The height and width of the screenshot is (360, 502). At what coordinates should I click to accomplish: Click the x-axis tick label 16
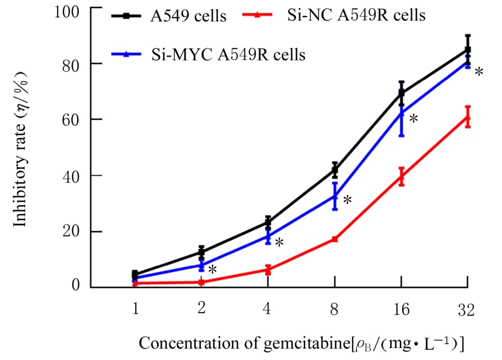402,310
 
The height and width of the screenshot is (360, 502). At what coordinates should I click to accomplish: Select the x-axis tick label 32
467,310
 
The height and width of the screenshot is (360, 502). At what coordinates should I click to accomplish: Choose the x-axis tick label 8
335,310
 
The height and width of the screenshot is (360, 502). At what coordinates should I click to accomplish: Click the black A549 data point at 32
468,50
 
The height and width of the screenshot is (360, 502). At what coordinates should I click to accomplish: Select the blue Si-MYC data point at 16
402,113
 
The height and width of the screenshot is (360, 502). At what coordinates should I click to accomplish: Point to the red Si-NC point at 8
335,239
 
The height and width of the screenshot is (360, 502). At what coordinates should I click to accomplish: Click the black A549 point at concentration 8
335,169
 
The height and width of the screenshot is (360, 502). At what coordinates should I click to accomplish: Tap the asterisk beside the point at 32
479,72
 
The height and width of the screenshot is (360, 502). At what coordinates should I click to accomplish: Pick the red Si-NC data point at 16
402,176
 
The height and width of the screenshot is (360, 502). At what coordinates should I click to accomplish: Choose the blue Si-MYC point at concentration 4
268,235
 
